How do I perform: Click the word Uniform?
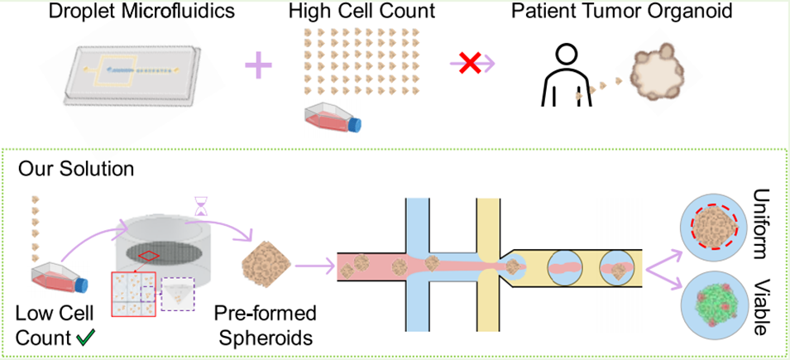[x=760, y=218]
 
